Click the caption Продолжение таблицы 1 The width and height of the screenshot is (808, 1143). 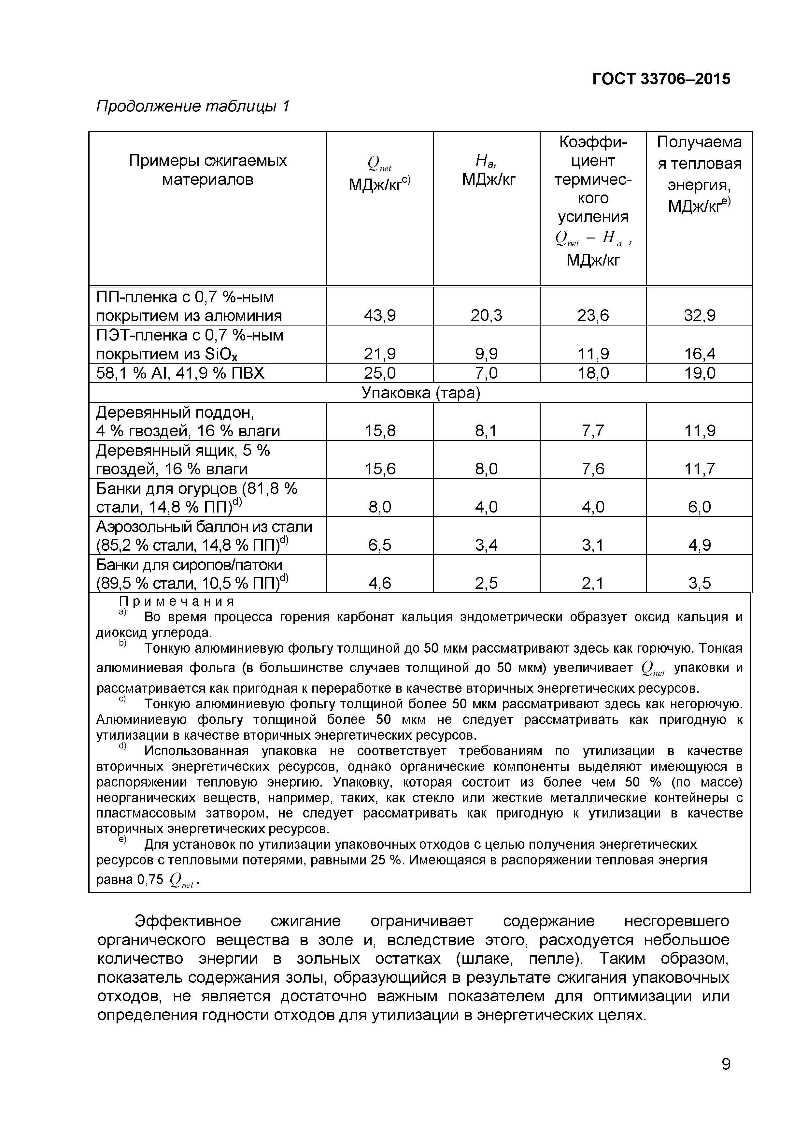(192, 106)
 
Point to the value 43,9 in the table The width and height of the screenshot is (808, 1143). (380, 315)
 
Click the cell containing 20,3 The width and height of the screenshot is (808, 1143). (487, 315)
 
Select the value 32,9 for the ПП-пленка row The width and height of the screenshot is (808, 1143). (700, 315)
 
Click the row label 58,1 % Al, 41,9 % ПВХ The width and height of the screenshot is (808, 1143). (180, 373)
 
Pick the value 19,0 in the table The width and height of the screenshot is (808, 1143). (700, 373)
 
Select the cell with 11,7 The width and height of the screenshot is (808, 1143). (700, 469)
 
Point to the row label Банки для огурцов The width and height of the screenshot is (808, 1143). (196, 488)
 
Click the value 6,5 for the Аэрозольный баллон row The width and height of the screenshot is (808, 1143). (380, 545)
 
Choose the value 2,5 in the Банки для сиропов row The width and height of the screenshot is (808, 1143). (487, 583)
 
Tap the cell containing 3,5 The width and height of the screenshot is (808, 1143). (700, 583)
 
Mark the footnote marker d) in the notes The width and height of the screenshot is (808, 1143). (123, 746)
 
